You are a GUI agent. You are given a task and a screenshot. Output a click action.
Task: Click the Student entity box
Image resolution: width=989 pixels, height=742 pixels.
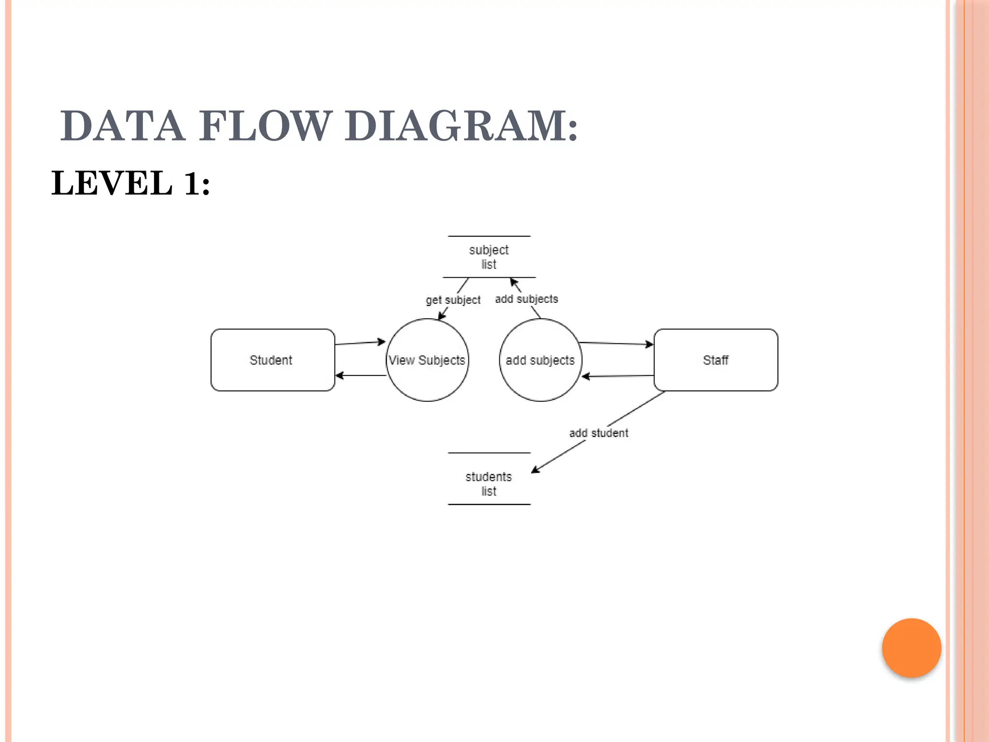coord(272,360)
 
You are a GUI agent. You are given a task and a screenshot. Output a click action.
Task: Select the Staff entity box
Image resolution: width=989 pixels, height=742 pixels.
coord(715,360)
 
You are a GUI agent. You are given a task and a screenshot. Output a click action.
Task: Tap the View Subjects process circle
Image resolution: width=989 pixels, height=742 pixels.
coord(427,360)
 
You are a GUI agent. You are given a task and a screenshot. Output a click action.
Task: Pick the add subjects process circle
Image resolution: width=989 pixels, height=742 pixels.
coord(540,360)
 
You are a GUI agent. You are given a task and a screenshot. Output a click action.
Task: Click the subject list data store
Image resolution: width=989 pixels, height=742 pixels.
coord(489,257)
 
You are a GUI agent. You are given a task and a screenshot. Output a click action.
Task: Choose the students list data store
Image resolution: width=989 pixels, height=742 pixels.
coord(489,483)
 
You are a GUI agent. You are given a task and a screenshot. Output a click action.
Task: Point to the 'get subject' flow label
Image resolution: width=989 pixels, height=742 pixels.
coord(453,300)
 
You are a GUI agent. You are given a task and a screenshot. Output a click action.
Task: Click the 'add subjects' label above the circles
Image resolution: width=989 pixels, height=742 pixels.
coord(526,299)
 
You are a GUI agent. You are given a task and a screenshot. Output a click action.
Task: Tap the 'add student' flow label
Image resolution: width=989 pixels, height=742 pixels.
coord(598,433)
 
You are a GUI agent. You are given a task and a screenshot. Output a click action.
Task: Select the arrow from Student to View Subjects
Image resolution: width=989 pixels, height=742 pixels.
coord(360,343)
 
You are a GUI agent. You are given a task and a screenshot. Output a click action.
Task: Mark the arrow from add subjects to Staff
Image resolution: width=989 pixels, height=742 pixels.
coord(616,343)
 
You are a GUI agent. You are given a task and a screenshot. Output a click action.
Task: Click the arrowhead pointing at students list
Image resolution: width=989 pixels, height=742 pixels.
coord(535,470)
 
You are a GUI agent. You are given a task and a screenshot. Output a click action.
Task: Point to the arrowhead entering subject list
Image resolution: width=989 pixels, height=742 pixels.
coord(514,282)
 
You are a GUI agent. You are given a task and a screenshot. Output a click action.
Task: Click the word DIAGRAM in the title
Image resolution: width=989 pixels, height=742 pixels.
coord(461,126)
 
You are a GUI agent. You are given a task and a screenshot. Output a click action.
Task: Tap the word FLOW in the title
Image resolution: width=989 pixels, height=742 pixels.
coord(265,126)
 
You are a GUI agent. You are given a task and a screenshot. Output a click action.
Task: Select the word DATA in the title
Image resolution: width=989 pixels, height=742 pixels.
coord(123,126)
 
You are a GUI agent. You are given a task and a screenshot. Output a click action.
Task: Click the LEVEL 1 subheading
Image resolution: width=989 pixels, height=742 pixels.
coord(131,184)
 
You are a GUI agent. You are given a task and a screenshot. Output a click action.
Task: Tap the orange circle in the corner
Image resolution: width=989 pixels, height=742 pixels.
coord(911,648)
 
